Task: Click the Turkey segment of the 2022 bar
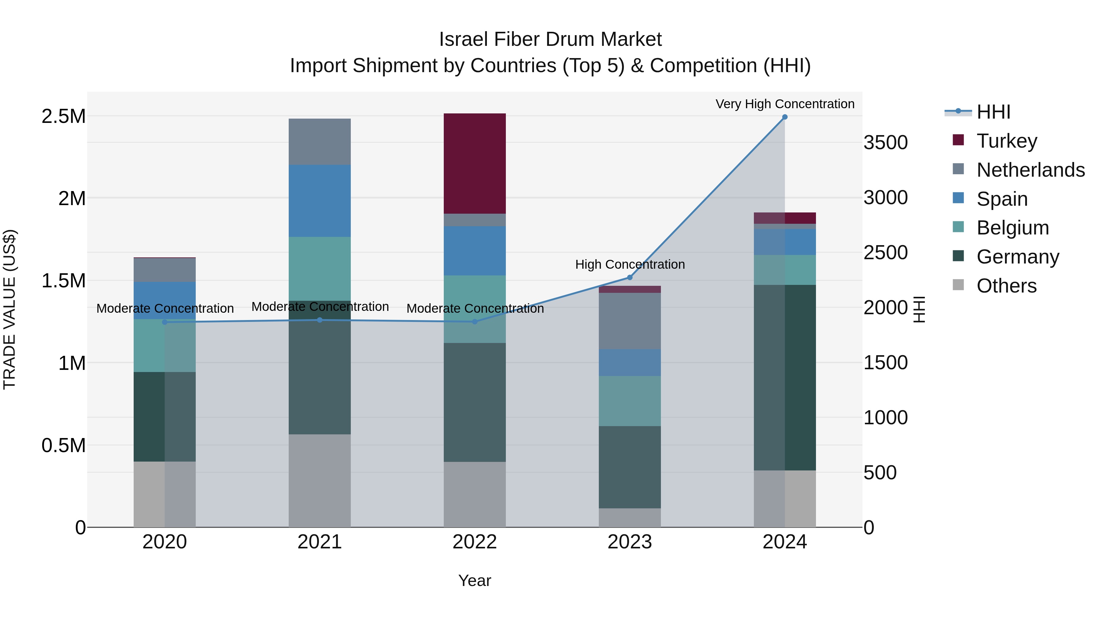pos(474,163)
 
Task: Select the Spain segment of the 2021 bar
pos(320,201)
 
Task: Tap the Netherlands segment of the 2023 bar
pos(630,321)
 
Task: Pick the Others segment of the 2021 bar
pos(320,481)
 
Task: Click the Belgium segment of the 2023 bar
pos(630,401)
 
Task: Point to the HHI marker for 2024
pos(785,117)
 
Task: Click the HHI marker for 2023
pos(630,278)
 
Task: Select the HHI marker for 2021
pos(320,320)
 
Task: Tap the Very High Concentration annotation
pos(785,104)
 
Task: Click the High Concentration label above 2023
pos(630,264)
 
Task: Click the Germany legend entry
pos(1017,257)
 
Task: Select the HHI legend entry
pos(992,112)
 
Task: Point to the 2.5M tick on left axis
pos(63,116)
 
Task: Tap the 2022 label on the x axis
pos(474,542)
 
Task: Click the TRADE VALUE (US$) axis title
pos(9,309)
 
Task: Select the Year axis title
pos(474,580)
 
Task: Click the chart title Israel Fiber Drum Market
pos(550,39)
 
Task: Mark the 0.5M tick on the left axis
pos(63,445)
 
